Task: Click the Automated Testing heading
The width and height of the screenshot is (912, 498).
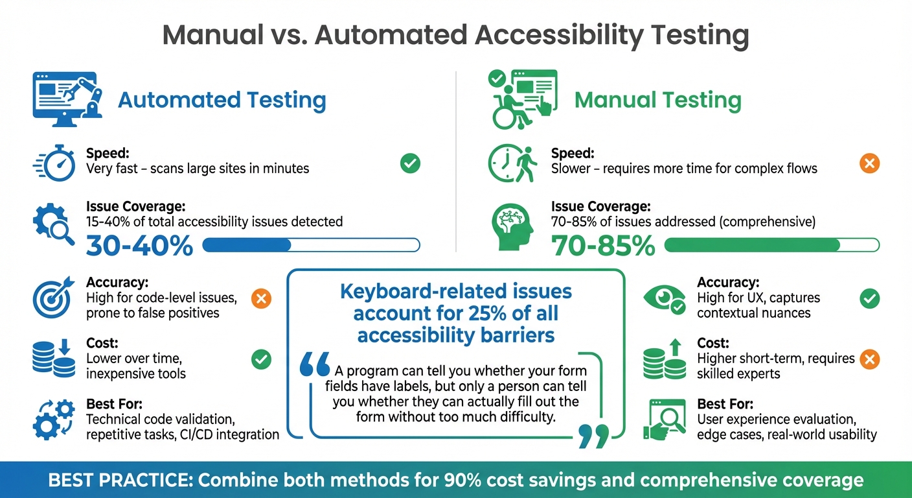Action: click(x=222, y=101)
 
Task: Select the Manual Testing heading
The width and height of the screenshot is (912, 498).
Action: click(x=657, y=101)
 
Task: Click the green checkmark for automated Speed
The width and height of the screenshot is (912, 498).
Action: click(x=409, y=163)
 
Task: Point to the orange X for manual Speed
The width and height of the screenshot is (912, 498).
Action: click(x=869, y=163)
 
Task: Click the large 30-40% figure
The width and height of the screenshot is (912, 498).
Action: click(x=139, y=246)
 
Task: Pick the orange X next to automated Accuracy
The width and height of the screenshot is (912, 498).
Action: click(x=261, y=299)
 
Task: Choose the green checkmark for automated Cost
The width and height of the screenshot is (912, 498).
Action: click(x=261, y=359)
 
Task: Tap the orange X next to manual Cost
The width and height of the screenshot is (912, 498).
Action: click(x=869, y=359)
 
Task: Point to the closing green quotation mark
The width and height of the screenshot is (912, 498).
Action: click(x=593, y=436)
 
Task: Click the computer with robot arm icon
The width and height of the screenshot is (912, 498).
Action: click(x=67, y=99)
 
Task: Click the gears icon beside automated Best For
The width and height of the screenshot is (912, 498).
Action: click(x=53, y=419)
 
